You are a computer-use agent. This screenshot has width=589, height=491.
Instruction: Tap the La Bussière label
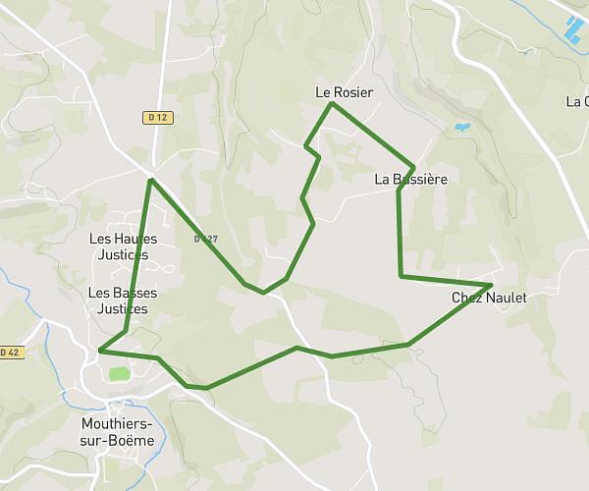pyautogui.click(x=411, y=180)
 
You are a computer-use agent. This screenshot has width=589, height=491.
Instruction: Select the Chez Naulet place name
pyautogui.click(x=489, y=298)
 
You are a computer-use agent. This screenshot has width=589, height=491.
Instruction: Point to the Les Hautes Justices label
pyautogui.click(x=123, y=246)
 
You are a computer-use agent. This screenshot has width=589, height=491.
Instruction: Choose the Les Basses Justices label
pyautogui.click(x=123, y=300)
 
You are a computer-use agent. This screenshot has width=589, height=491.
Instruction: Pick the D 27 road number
pyautogui.click(x=205, y=239)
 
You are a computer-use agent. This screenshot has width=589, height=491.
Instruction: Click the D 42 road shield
pyautogui.click(x=10, y=352)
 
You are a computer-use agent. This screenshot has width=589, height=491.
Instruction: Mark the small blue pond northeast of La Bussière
pyautogui.click(x=461, y=127)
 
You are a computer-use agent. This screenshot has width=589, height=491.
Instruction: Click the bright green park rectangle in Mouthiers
pyautogui.click(x=119, y=373)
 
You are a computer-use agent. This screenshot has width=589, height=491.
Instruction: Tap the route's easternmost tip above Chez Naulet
pyautogui.click(x=490, y=285)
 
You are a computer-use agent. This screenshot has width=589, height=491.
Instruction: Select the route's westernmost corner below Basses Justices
pyautogui.click(x=101, y=350)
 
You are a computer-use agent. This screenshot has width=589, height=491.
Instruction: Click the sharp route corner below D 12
pyautogui.click(x=150, y=180)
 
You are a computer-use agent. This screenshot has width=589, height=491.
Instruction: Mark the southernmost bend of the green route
pyautogui.click(x=206, y=388)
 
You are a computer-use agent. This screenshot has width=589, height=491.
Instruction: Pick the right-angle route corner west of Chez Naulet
pyautogui.click(x=401, y=277)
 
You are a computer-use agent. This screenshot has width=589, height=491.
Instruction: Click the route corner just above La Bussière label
pyautogui.click(x=414, y=166)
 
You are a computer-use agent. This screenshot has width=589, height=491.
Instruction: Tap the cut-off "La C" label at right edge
pyautogui.click(x=577, y=101)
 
